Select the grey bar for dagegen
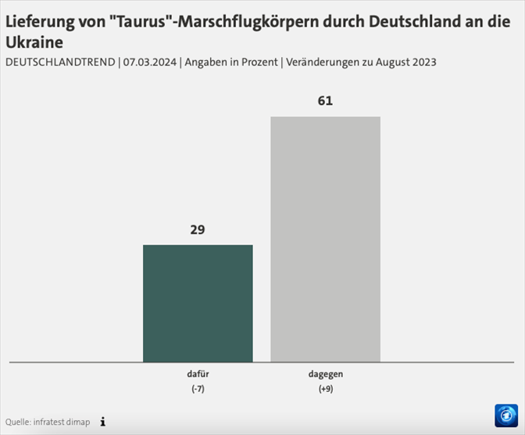(x=325, y=239)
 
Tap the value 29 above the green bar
(x=198, y=230)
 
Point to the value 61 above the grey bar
(x=325, y=102)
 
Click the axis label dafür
(x=198, y=374)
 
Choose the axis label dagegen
(x=325, y=374)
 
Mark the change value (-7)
(x=198, y=388)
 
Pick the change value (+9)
(x=325, y=388)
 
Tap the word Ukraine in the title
(x=34, y=42)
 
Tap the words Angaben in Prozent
(x=229, y=62)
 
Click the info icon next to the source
(x=102, y=422)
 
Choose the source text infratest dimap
(x=62, y=423)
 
